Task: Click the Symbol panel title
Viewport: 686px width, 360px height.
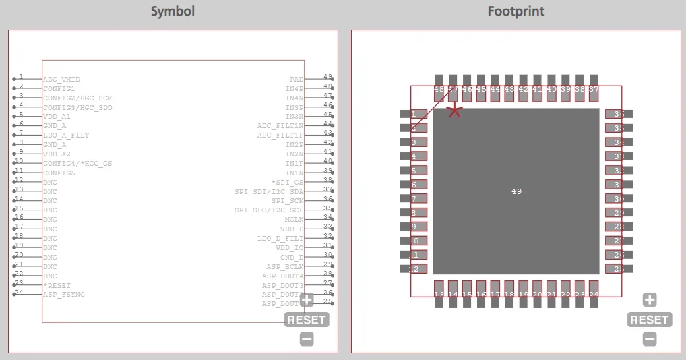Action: point(173,11)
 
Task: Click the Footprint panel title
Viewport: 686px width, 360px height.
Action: point(516,11)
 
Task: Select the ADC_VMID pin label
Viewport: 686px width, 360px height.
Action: point(61,80)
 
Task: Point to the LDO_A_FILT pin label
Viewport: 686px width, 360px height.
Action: point(66,136)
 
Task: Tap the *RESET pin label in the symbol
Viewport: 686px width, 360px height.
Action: point(57,286)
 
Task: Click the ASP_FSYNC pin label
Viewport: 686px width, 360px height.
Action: point(64,295)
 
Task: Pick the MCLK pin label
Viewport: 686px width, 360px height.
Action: point(294,220)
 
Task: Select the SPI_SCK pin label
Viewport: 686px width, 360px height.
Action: point(287,201)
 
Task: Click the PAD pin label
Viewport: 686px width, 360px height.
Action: point(297,80)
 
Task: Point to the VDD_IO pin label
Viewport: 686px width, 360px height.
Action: point(290,248)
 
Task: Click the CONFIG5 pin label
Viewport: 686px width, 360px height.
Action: point(59,173)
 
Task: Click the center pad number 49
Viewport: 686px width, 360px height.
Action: point(516,191)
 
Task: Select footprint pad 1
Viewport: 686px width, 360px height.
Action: point(414,114)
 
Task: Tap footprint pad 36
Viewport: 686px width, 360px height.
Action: point(619,114)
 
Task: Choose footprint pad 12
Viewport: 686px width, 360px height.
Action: point(414,269)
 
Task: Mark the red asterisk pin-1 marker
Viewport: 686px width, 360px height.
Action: point(455,110)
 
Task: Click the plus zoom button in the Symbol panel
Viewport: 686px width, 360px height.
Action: point(307,300)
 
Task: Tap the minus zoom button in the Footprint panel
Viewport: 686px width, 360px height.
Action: point(650,339)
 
